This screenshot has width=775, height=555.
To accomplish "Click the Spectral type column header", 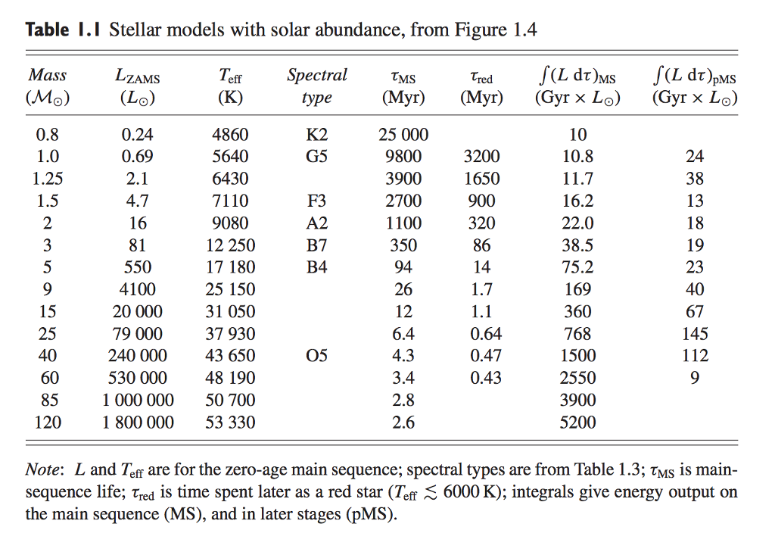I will click(x=317, y=86).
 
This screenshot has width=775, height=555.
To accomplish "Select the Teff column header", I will click(x=230, y=86).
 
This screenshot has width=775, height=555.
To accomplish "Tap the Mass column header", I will click(x=47, y=86).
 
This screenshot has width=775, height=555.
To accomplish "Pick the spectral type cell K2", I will click(x=317, y=135).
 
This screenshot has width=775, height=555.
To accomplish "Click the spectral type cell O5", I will click(x=317, y=356).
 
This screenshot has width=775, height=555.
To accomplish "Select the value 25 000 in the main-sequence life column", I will click(x=403, y=135).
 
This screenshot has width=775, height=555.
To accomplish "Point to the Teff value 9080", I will click(x=230, y=223).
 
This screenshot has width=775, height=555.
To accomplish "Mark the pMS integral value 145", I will click(x=694, y=334).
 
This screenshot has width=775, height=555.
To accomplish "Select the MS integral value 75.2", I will click(x=577, y=267).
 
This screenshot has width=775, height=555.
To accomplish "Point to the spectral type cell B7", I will click(x=317, y=245).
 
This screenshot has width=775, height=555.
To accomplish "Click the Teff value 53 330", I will click(x=230, y=422).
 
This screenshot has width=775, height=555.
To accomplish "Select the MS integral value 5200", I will click(x=577, y=422).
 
